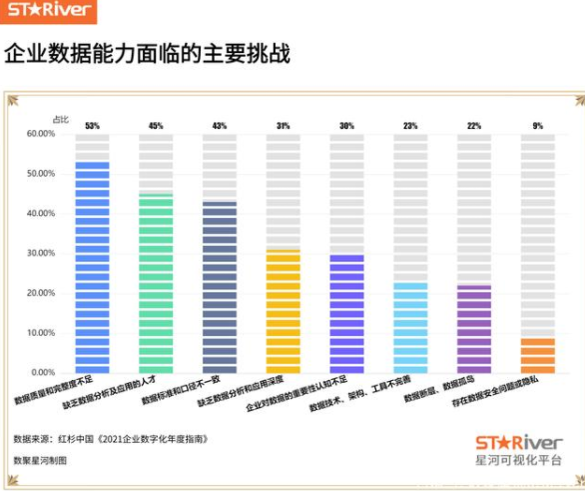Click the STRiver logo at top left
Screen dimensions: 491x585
[x=49, y=13]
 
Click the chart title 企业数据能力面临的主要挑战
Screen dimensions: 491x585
[x=147, y=55]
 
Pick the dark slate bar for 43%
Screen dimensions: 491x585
[x=220, y=287]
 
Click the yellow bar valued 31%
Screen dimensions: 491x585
[x=283, y=311]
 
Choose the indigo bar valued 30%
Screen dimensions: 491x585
[x=346, y=313]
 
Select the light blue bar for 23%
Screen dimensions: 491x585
[x=410, y=327]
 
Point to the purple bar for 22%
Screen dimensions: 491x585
[x=474, y=329]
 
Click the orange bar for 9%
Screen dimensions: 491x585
[x=538, y=355]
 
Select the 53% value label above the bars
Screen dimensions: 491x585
[x=92, y=126]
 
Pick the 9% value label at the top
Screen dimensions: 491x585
[x=538, y=126]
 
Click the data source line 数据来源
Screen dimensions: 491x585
[x=110, y=438]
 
